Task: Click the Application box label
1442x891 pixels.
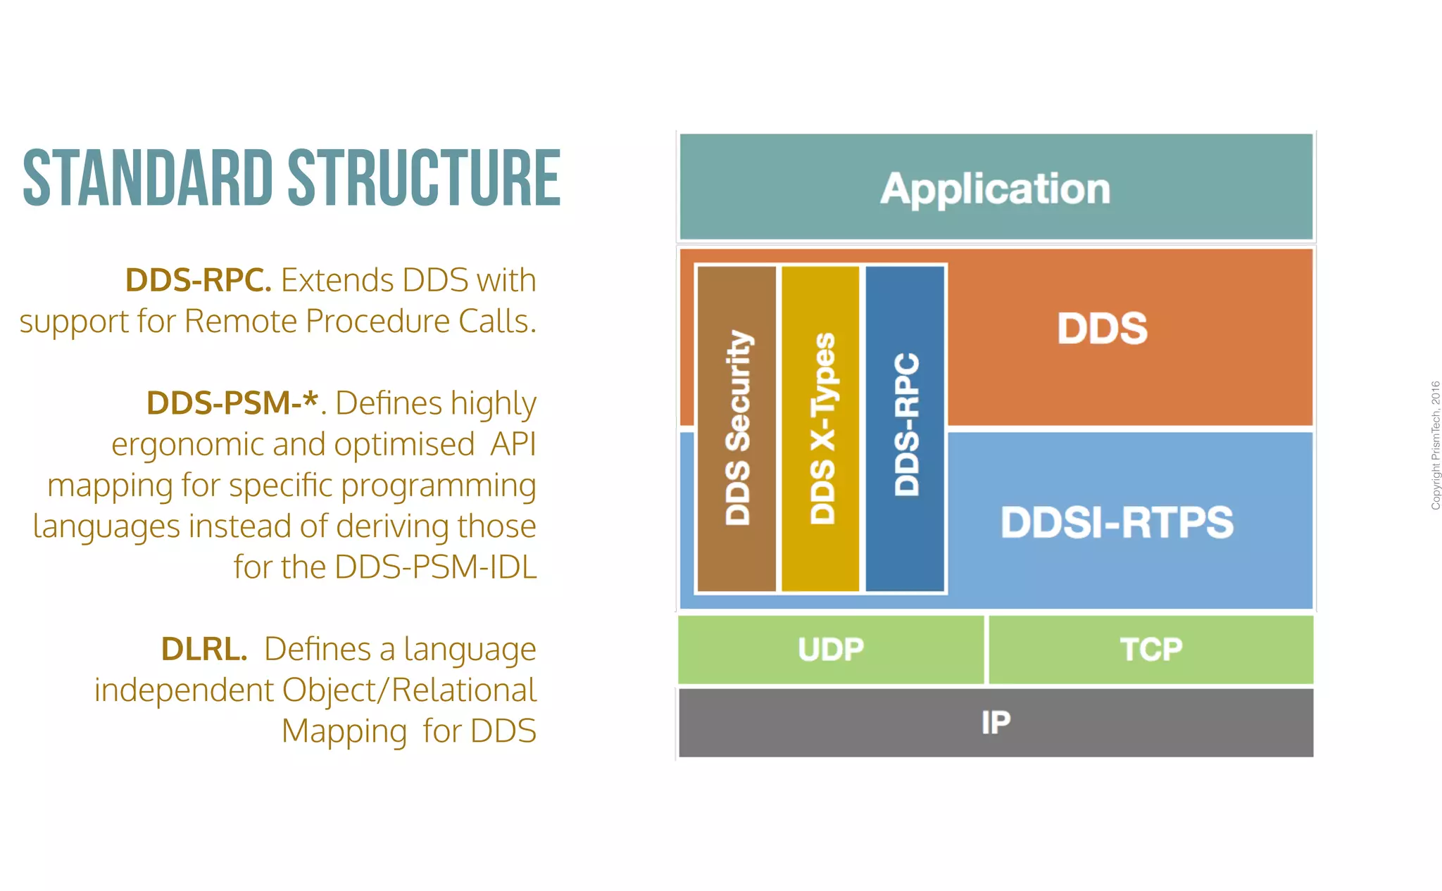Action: click(995, 189)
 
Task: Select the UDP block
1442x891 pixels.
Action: click(831, 649)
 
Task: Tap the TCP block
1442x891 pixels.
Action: click(1151, 649)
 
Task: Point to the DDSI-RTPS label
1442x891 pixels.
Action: click(1117, 522)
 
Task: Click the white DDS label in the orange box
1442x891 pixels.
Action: click(1102, 328)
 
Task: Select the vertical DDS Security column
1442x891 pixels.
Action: click(737, 428)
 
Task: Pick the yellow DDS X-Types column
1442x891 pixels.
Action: click(821, 428)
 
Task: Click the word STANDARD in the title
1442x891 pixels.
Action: click(147, 179)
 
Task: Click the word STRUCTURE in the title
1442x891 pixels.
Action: click(424, 179)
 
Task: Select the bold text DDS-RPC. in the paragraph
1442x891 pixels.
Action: click(198, 280)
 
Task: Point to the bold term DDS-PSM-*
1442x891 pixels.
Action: click(232, 403)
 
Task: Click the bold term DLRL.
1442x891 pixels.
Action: click(203, 649)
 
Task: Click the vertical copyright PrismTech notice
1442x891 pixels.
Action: click(1435, 445)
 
